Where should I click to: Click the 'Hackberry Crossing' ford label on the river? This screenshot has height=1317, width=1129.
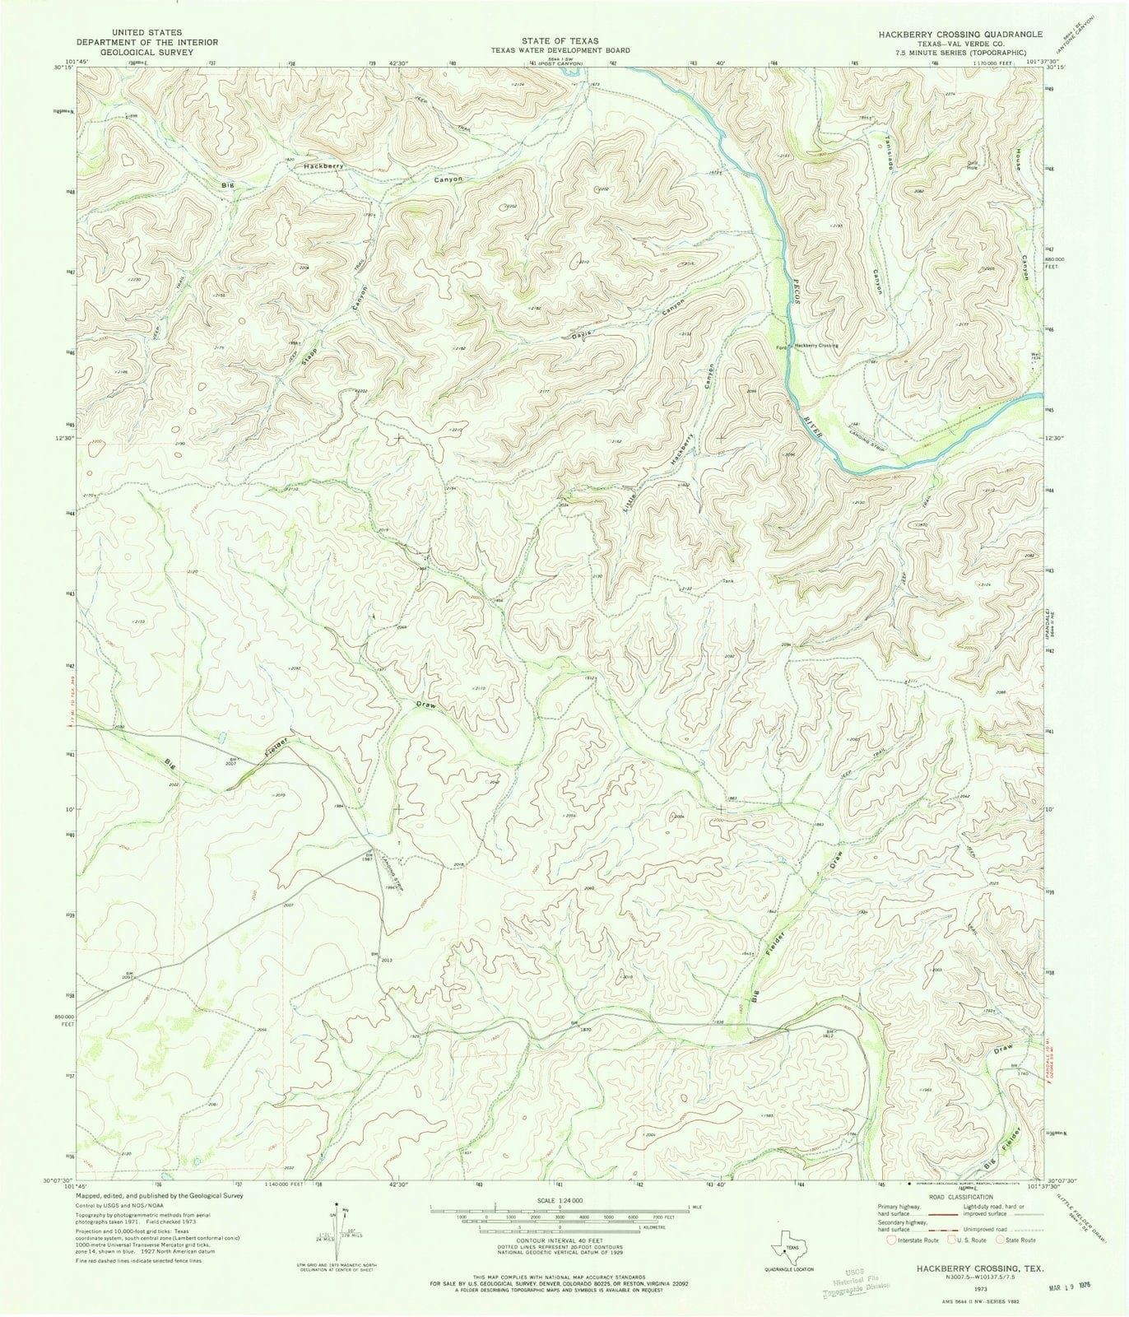pyautogui.click(x=815, y=346)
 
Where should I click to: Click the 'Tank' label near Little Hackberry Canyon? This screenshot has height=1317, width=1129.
pyautogui.click(x=727, y=581)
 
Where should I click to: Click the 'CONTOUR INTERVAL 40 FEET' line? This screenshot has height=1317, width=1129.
pyautogui.click(x=560, y=1240)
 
